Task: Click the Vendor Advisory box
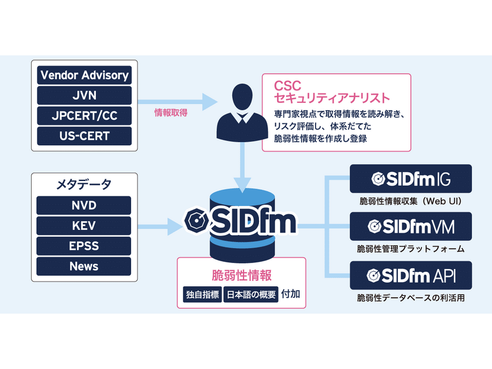pos(84,76)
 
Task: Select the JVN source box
pos(84,95)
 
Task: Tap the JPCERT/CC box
pos(84,115)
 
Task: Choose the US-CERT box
pos(84,135)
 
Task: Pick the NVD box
pos(84,206)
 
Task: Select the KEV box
pos(84,226)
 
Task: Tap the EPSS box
pos(84,246)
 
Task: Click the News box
pos(84,266)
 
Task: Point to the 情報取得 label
pos(171,112)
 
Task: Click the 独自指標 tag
pos(201,295)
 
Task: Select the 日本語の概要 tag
pos(251,295)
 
